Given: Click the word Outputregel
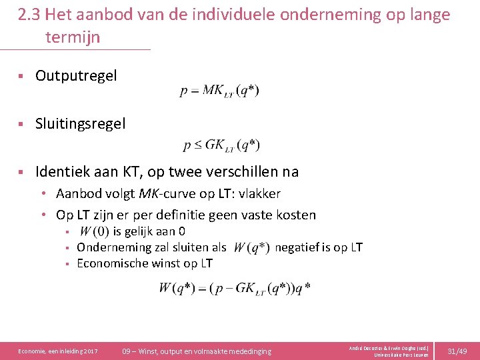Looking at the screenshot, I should pos(76,76).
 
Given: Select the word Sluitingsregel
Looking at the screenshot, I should pos(80,124).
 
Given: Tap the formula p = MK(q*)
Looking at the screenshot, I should pos(219,91).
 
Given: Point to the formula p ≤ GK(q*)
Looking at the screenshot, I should pos(221,145).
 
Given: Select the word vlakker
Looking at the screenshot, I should pos(257,194).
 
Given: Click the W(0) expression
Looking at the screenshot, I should pos(94,232).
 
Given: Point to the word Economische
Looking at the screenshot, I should pos(111,263).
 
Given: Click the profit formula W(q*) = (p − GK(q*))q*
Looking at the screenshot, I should pos(235,288).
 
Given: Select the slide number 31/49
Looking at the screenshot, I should pos(457,351).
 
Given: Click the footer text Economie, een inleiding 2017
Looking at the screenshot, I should pos(58,351).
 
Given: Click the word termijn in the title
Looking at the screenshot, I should pos(73,37).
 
